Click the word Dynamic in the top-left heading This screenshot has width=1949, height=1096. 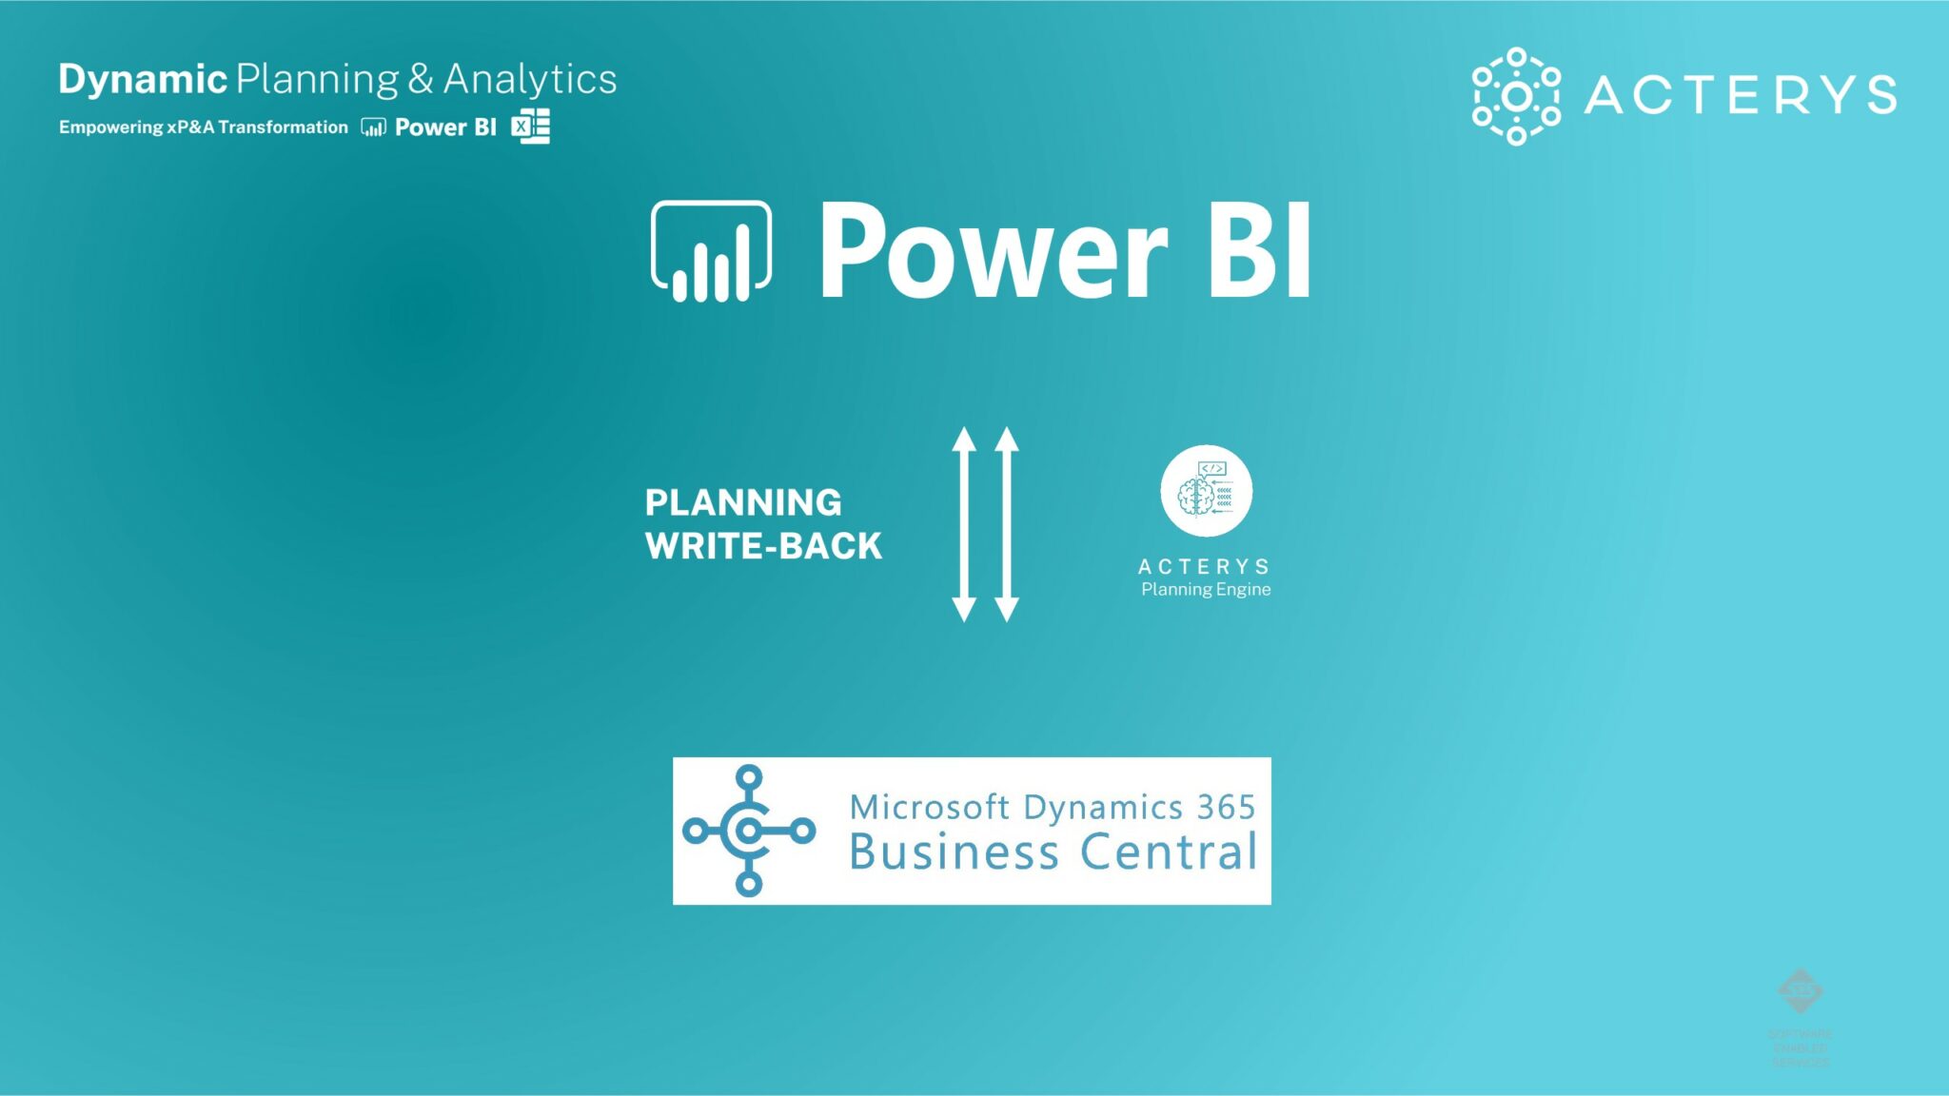click(x=143, y=79)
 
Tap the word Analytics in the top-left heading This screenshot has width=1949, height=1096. click(x=530, y=79)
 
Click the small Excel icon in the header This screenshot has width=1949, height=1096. click(x=530, y=127)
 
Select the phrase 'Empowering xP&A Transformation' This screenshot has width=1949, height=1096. click(x=204, y=127)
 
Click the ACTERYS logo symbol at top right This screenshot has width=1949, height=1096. click(x=1516, y=96)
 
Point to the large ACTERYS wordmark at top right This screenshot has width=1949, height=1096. click(x=1740, y=95)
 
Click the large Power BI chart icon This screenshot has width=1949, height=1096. click(x=711, y=251)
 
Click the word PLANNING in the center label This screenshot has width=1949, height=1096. click(x=743, y=502)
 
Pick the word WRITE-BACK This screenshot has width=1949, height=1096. click(x=763, y=546)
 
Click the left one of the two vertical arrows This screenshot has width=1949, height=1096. click(x=964, y=524)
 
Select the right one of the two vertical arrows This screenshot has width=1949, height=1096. click(x=1007, y=524)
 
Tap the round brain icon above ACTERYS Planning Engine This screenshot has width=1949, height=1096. click(x=1206, y=491)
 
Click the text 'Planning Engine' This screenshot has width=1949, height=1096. click(x=1206, y=590)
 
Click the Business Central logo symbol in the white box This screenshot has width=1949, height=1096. click(x=749, y=831)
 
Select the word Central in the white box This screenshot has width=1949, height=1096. click(x=1170, y=851)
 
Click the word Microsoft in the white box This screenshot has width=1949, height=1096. click(x=929, y=807)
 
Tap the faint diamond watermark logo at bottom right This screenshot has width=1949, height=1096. click(x=1800, y=991)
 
